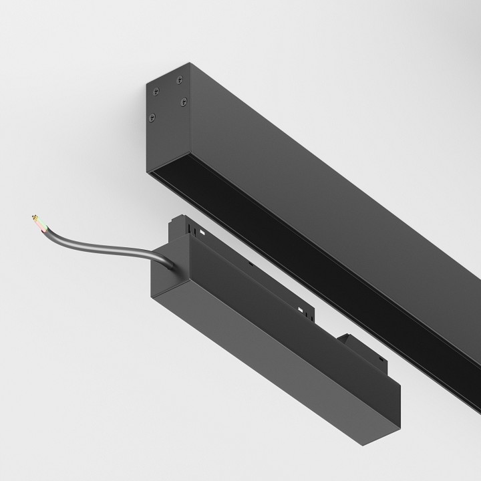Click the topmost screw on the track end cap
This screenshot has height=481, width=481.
[180, 80]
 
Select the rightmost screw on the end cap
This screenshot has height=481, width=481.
[184, 102]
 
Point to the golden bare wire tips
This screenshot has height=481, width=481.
[33, 217]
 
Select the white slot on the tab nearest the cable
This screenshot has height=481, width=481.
[200, 232]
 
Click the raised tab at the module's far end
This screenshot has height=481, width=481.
[350, 340]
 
